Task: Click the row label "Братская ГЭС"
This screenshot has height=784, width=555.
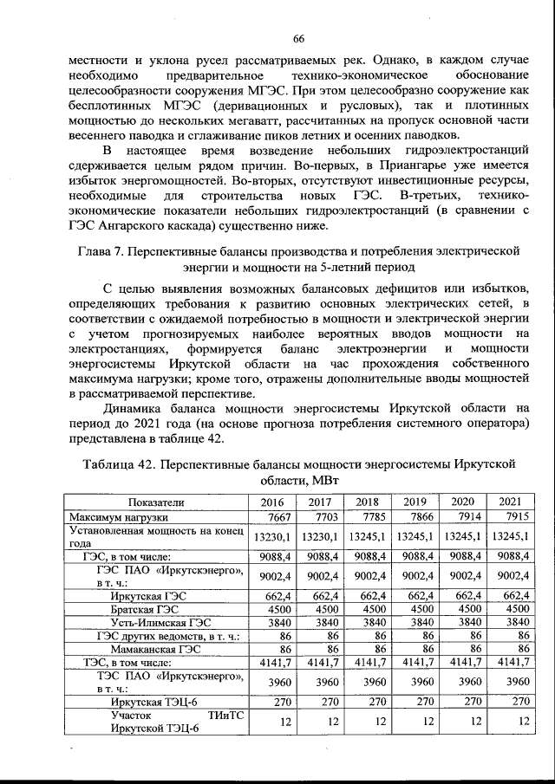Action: (137, 608)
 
